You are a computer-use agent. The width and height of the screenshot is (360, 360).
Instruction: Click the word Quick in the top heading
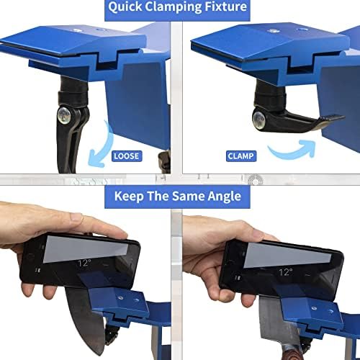click(125, 6)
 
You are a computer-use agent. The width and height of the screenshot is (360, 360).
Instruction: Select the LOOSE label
click(127, 156)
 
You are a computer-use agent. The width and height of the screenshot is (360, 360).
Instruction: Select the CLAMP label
click(240, 156)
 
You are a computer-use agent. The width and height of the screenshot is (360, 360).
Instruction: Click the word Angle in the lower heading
click(224, 197)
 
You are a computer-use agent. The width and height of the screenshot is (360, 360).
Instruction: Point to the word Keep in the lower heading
click(129, 197)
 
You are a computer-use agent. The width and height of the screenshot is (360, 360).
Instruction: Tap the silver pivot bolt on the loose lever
click(64, 115)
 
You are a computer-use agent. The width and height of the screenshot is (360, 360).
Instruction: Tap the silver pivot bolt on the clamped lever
click(259, 119)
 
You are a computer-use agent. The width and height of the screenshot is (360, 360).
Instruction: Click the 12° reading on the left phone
click(84, 263)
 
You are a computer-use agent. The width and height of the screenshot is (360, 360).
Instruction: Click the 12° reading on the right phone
click(286, 272)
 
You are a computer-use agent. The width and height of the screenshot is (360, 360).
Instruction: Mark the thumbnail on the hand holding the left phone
click(77, 217)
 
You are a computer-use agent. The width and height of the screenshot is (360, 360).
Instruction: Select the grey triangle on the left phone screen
click(86, 249)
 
